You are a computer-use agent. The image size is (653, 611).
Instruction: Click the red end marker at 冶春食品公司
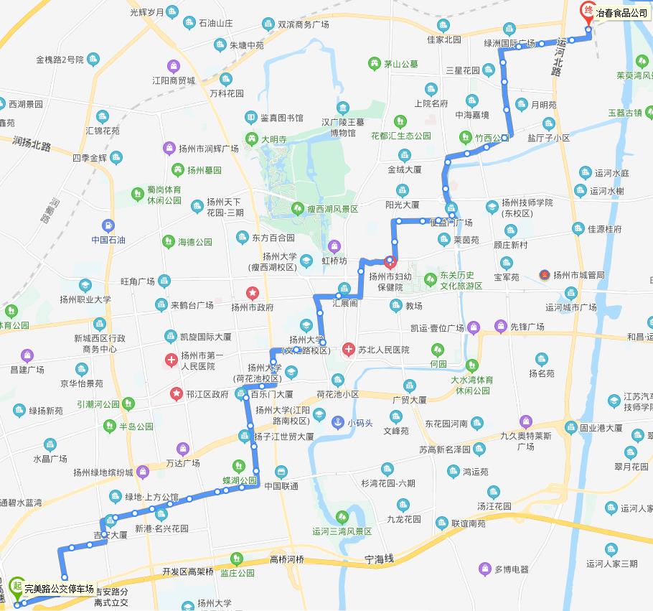coord(588,11)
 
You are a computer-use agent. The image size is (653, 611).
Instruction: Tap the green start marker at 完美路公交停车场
coord(17,587)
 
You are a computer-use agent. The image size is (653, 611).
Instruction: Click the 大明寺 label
coord(273,139)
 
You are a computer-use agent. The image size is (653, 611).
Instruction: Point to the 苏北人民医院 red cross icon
coord(349,350)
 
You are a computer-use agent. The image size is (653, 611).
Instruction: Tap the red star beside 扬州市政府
coord(252,293)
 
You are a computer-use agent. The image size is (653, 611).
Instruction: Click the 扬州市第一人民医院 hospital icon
coord(171,360)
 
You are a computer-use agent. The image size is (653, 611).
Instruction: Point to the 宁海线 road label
coord(380,559)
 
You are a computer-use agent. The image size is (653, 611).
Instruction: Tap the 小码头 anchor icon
coord(336,422)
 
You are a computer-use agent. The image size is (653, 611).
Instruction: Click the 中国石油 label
coord(108,240)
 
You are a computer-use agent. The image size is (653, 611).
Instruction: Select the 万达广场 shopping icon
coord(183,449)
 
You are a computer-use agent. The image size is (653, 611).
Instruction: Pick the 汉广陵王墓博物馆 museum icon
coord(344,110)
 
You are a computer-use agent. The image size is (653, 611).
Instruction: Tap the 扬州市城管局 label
coord(579,275)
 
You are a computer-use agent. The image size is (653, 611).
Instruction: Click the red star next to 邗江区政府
coord(175,393)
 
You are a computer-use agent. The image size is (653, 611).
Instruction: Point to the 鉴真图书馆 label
coord(281,118)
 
